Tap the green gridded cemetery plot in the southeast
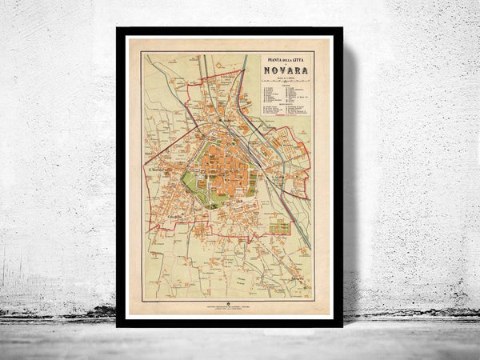(x=279, y=226)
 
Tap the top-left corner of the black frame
(x=118, y=30)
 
